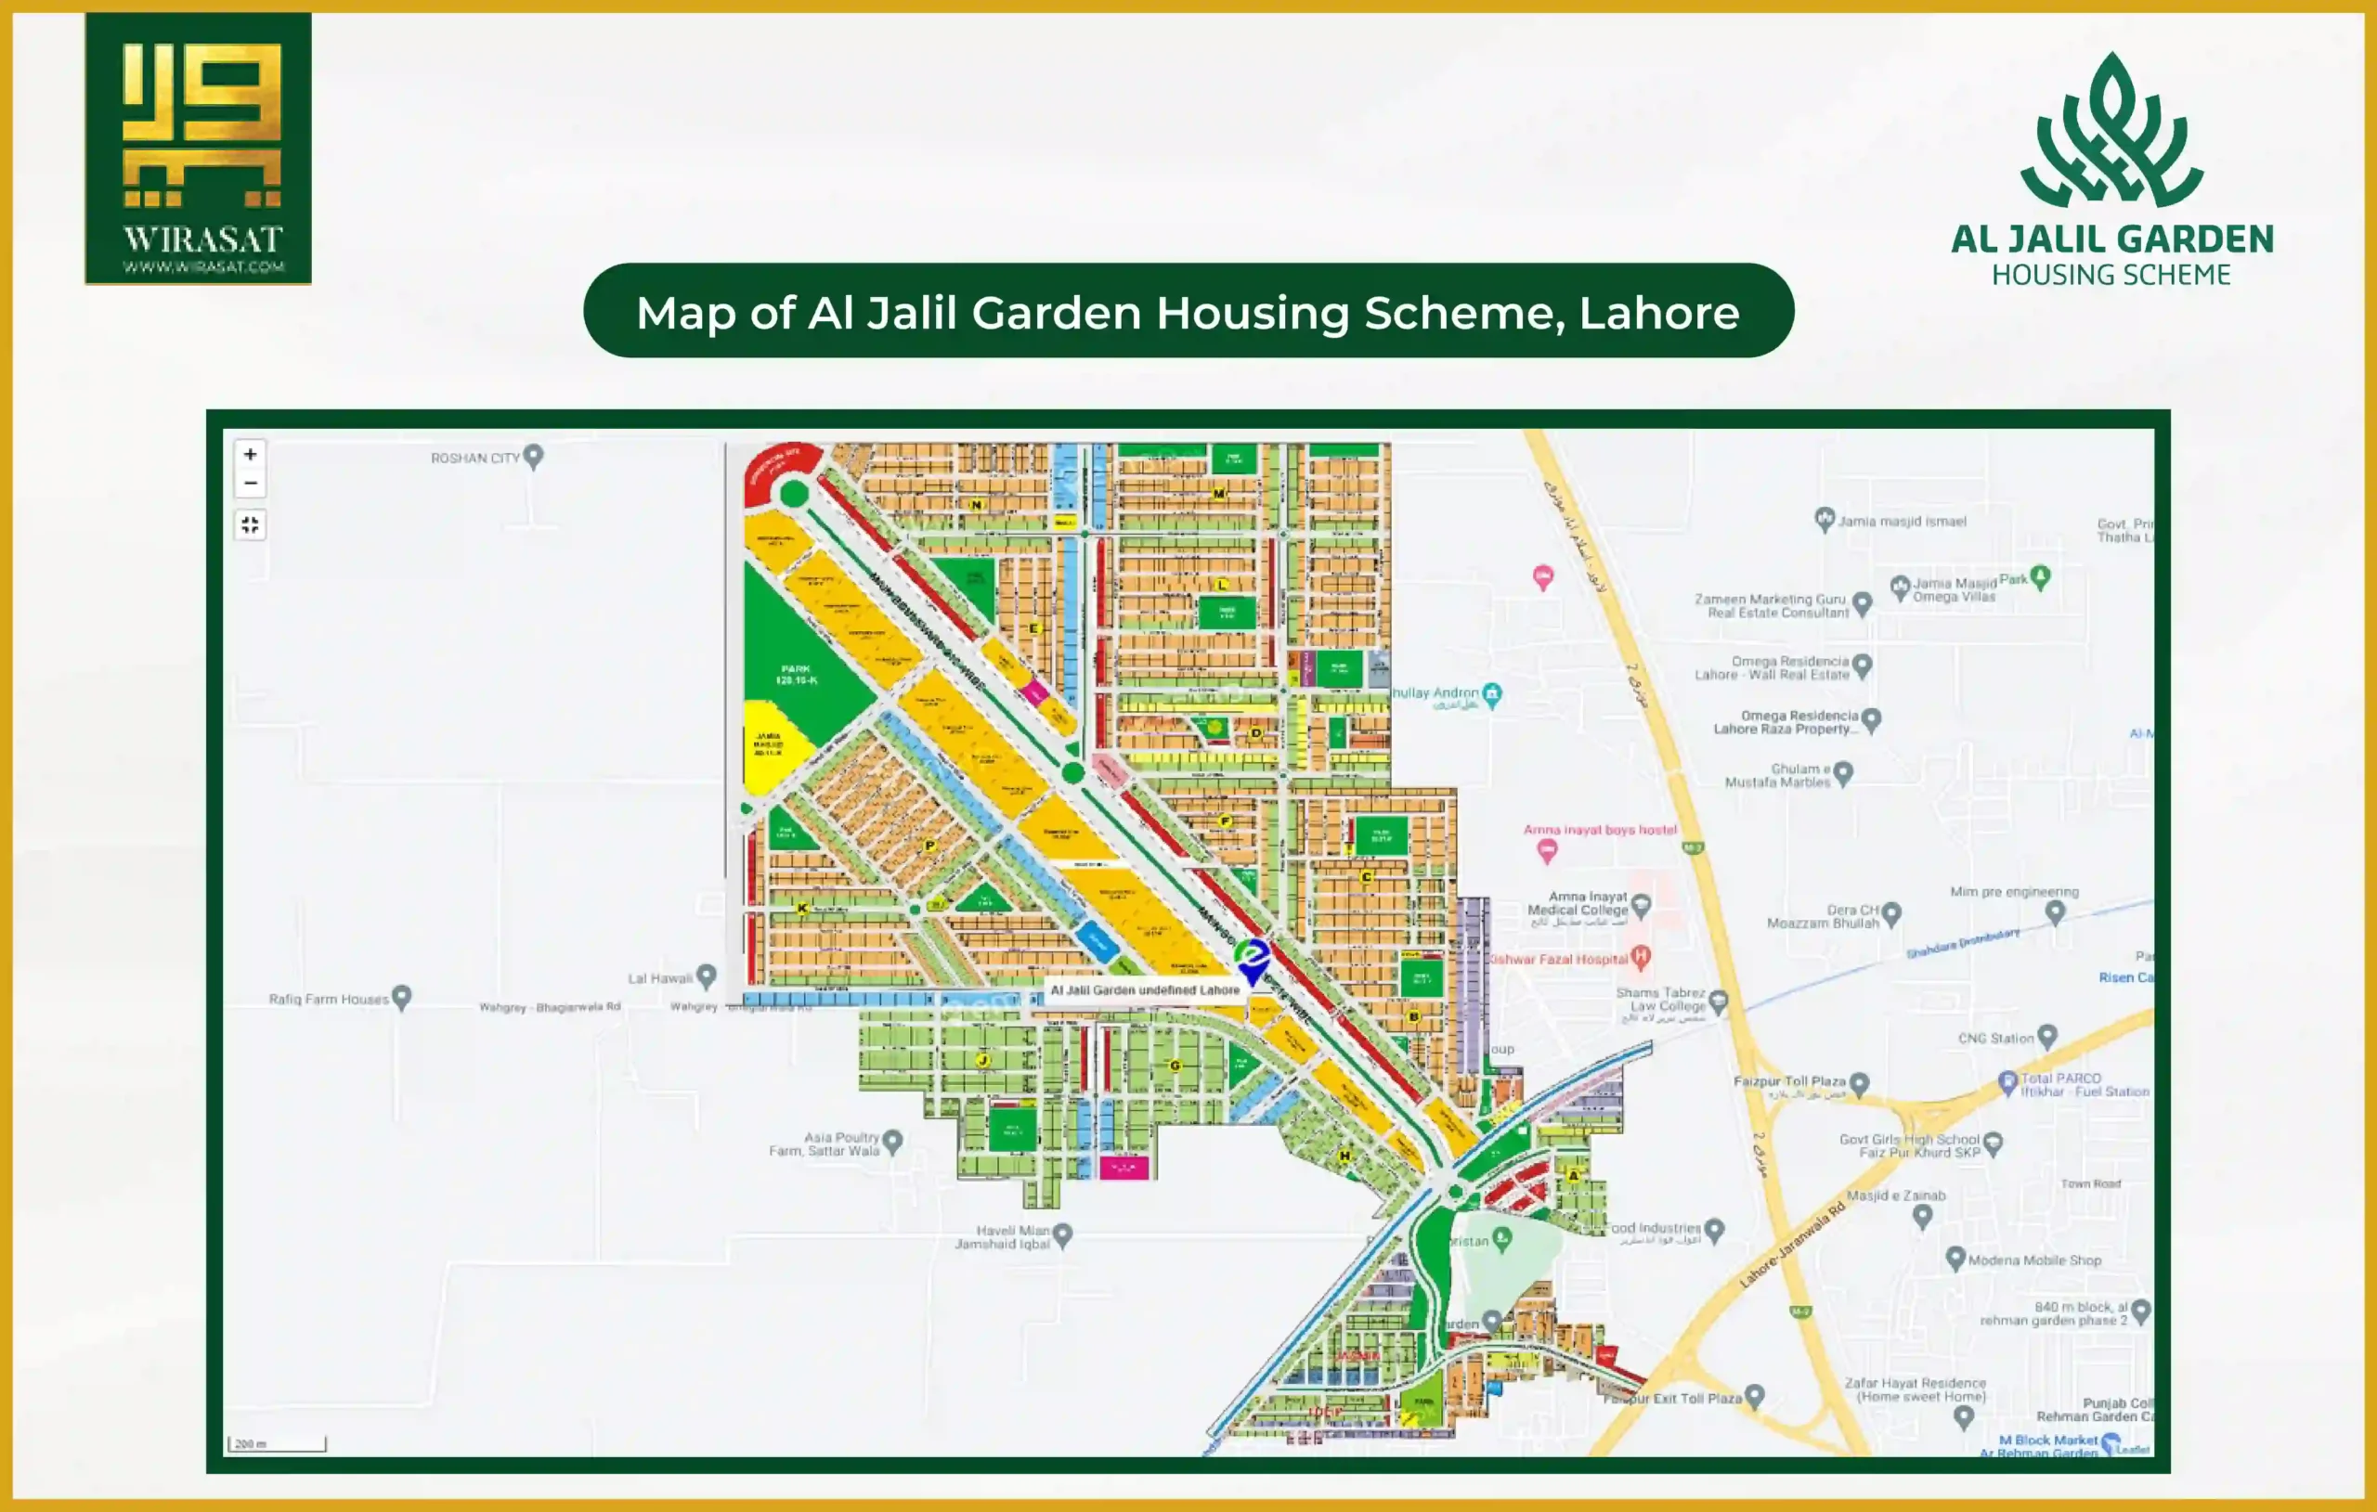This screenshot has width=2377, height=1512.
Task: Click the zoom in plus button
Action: click(251, 454)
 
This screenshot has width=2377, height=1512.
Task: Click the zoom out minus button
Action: click(251, 483)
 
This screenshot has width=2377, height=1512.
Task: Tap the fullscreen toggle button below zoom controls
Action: click(251, 524)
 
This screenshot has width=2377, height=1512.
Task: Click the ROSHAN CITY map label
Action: click(474, 458)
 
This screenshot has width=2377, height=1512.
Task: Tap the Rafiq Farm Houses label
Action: click(329, 999)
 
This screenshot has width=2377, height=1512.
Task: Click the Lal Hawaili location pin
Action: click(706, 976)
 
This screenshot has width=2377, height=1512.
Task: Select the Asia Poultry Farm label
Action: click(825, 1144)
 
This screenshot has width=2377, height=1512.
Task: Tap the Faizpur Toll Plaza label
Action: click(1788, 1081)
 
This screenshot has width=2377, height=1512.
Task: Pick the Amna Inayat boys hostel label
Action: click(1599, 830)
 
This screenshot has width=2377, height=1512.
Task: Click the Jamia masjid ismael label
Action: click(1902, 521)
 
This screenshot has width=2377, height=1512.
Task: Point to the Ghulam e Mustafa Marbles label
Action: click(1778, 775)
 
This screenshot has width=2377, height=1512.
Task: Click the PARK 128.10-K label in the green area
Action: click(796, 675)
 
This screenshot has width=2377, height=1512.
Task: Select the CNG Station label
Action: click(1996, 1039)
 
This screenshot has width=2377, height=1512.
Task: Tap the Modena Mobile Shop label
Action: click(2033, 1260)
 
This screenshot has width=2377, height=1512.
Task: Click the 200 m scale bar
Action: click(277, 1444)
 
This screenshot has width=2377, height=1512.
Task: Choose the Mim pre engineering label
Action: click(2014, 892)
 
